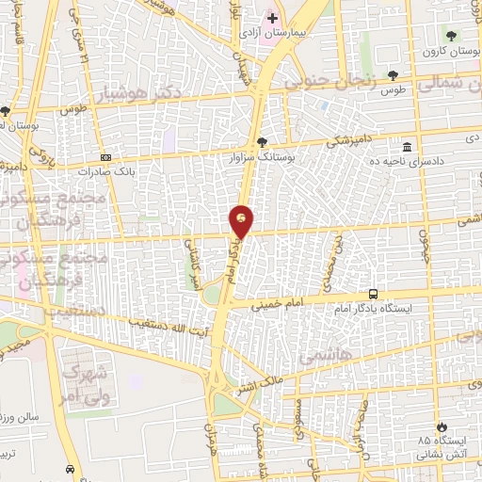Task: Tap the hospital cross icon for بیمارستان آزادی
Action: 272,18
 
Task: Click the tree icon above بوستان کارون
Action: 453,35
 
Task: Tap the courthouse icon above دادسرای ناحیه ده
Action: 407,148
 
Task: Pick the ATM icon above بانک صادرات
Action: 104,158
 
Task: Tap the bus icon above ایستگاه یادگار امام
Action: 374,294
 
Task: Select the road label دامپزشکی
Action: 331,141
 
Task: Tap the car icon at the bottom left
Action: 71,468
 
